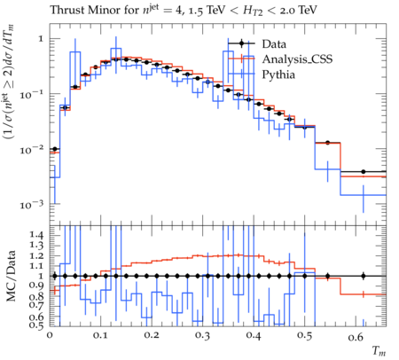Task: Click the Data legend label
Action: click(274, 44)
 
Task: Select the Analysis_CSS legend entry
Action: click(297, 59)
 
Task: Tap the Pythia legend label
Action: click(278, 74)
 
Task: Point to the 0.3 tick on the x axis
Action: click(203, 335)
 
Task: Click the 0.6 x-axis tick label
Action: click(356, 337)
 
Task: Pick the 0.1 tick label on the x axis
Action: click(100, 335)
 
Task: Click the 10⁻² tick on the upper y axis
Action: click(32, 149)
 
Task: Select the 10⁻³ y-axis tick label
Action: click(32, 204)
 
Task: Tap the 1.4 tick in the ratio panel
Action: click(36, 235)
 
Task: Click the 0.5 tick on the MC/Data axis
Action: click(36, 325)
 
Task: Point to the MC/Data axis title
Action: click(12, 276)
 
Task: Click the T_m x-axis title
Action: click(379, 351)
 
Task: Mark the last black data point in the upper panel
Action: click(364, 172)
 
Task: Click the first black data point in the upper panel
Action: click(54, 149)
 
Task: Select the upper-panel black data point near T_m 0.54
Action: click(327, 143)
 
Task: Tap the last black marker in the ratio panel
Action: click(364, 277)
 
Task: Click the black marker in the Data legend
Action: click(241, 43)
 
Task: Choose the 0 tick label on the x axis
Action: click(50, 335)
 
